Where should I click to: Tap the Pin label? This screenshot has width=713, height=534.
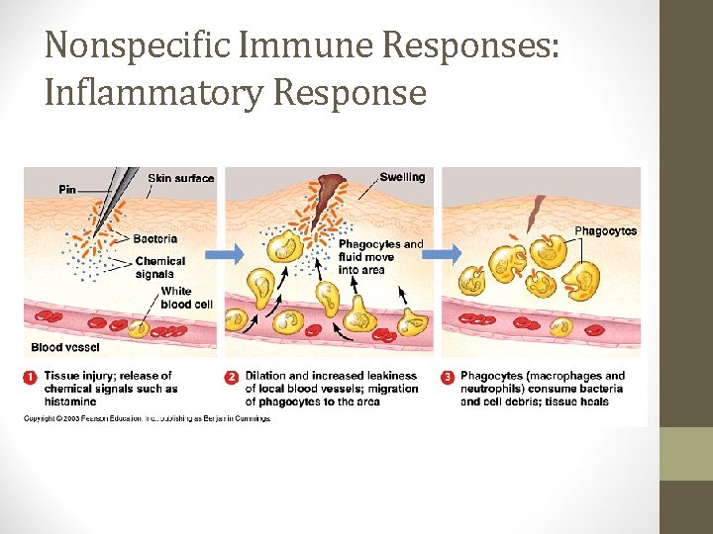[67, 189]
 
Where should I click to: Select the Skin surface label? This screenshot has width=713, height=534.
[180, 178]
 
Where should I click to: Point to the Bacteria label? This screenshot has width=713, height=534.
[155, 238]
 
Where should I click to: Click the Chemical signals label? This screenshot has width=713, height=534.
[159, 267]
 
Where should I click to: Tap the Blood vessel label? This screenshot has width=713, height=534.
[65, 347]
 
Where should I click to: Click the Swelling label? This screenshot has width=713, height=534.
[402, 177]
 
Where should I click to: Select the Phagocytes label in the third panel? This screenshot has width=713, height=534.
[605, 230]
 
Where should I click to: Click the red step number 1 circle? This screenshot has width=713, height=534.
[33, 377]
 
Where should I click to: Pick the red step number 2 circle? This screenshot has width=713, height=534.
[232, 377]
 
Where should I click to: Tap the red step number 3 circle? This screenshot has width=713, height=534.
[448, 377]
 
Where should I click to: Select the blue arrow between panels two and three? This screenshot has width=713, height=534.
[444, 254]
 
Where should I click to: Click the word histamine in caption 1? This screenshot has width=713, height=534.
[70, 402]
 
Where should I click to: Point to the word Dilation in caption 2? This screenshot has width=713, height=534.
[268, 376]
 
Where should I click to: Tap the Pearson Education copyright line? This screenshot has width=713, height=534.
[147, 418]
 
